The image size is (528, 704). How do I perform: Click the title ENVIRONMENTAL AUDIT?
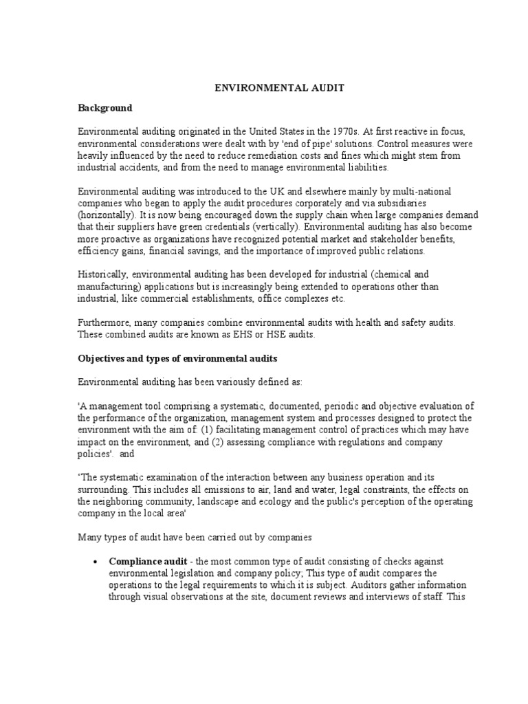(x=265, y=88)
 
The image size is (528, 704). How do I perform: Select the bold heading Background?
(x=104, y=108)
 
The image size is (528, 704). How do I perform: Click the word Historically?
(x=101, y=274)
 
